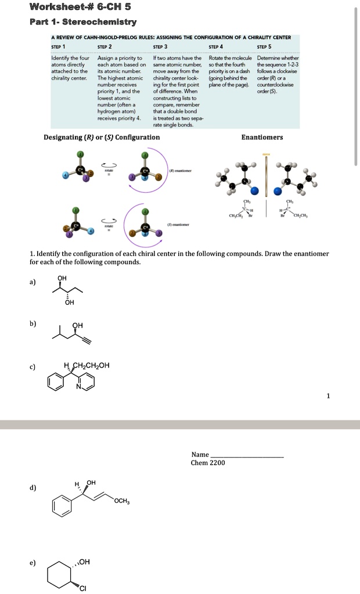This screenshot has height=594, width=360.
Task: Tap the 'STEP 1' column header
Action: [59, 46]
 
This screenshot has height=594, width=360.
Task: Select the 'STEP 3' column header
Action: [160, 46]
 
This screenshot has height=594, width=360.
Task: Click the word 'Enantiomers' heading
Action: [262, 137]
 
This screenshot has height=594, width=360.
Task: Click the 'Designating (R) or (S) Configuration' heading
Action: [102, 137]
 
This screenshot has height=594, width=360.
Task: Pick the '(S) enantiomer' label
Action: [177, 224]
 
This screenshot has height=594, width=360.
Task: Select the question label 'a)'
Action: [33, 282]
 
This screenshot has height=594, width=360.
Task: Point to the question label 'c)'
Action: [33, 366]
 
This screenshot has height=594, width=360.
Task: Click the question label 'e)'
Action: [33, 563]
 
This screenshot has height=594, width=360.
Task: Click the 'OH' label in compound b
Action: [77, 325]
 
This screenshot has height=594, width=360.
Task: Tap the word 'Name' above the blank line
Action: [200, 454]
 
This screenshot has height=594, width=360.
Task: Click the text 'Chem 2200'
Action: [208, 463]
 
